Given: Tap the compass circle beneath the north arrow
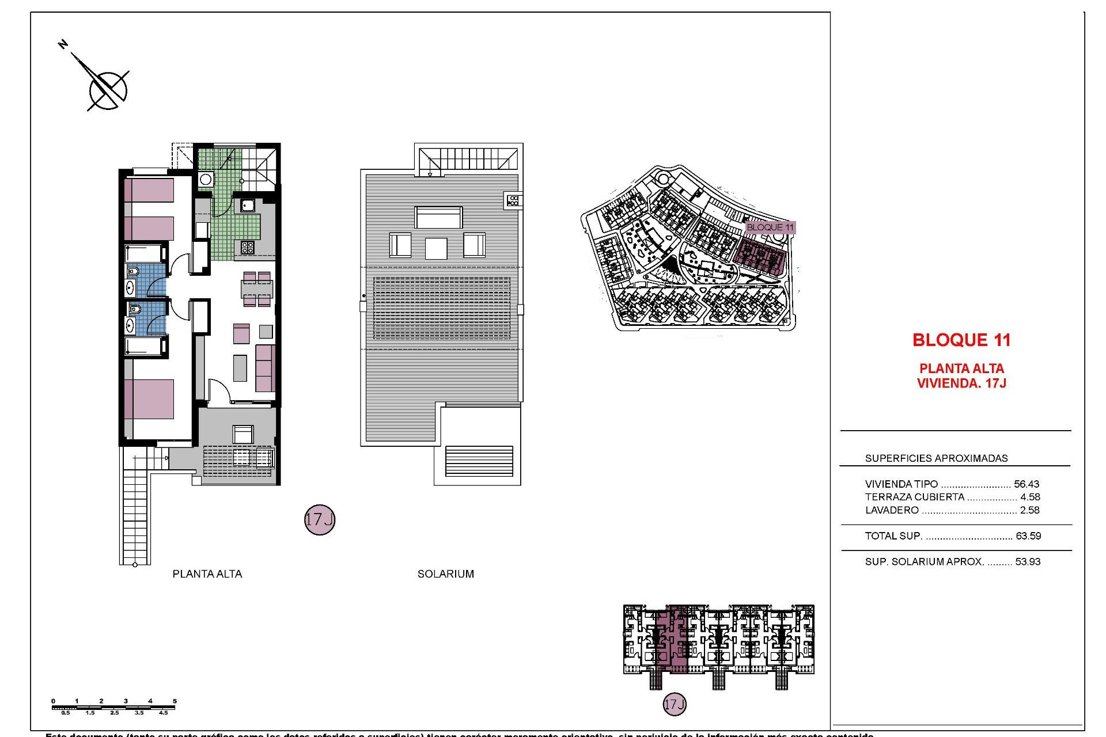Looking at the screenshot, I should (108, 90).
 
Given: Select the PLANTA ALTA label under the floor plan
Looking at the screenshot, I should (207, 573).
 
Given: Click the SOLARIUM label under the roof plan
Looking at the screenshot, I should (446, 573).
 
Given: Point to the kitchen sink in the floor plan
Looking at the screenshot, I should (248, 205).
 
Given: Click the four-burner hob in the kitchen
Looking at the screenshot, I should (248, 248).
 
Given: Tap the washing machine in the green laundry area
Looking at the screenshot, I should (206, 178).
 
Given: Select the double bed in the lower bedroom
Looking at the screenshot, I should (150, 398).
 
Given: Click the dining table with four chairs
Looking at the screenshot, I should (257, 290).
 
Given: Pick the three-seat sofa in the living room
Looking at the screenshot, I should (265, 368).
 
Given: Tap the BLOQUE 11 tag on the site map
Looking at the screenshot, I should (770, 227).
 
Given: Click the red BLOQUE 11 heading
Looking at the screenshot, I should (961, 340).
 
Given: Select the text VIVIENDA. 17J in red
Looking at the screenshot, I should (961, 383).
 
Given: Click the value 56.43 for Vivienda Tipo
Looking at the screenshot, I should (1027, 484).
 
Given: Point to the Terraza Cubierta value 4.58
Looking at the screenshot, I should (1030, 497).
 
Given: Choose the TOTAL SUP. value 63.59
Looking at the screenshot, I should (1028, 536).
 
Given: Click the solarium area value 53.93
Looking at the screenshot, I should (1028, 562).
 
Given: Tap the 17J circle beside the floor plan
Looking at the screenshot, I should (319, 520).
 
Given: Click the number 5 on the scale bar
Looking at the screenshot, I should (175, 701).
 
